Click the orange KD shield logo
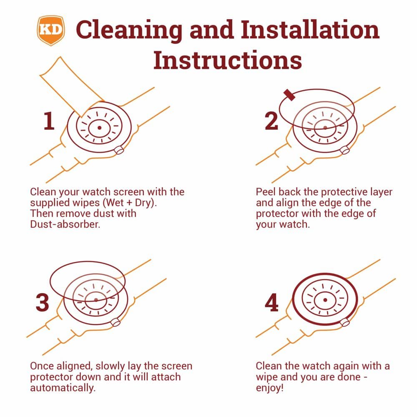click(x=51, y=30)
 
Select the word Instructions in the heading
click(x=228, y=60)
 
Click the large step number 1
click(x=49, y=121)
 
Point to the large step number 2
click(x=271, y=121)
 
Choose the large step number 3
click(x=43, y=302)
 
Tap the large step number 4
click(x=271, y=302)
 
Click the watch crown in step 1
click(x=119, y=150)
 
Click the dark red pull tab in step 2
click(x=289, y=95)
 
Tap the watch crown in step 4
click(x=345, y=322)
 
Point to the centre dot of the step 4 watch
click(x=325, y=300)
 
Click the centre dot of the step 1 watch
click(x=100, y=128)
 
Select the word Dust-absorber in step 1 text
click(x=65, y=224)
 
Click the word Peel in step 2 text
click(x=266, y=192)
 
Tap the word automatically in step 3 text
click(x=63, y=388)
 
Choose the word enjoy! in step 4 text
click(x=270, y=388)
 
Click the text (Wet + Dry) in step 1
click(x=130, y=203)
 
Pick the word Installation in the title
click(x=310, y=30)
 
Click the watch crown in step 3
click(x=116, y=322)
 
